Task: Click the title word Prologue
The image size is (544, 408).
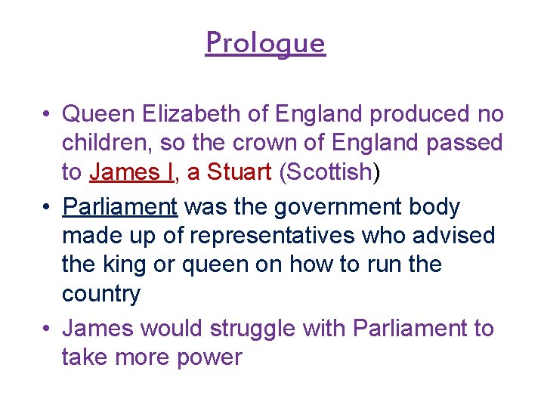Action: click(x=265, y=43)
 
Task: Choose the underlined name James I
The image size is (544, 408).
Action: click(x=131, y=172)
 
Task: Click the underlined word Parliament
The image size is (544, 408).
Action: click(x=119, y=206)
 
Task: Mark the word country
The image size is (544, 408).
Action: click(x=101, y=294)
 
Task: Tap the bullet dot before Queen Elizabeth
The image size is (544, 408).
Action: click(x=47, y=115)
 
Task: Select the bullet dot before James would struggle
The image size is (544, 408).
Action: click(x=47, y=329)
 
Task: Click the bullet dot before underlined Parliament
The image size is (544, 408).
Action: click(x=47, y=207)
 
